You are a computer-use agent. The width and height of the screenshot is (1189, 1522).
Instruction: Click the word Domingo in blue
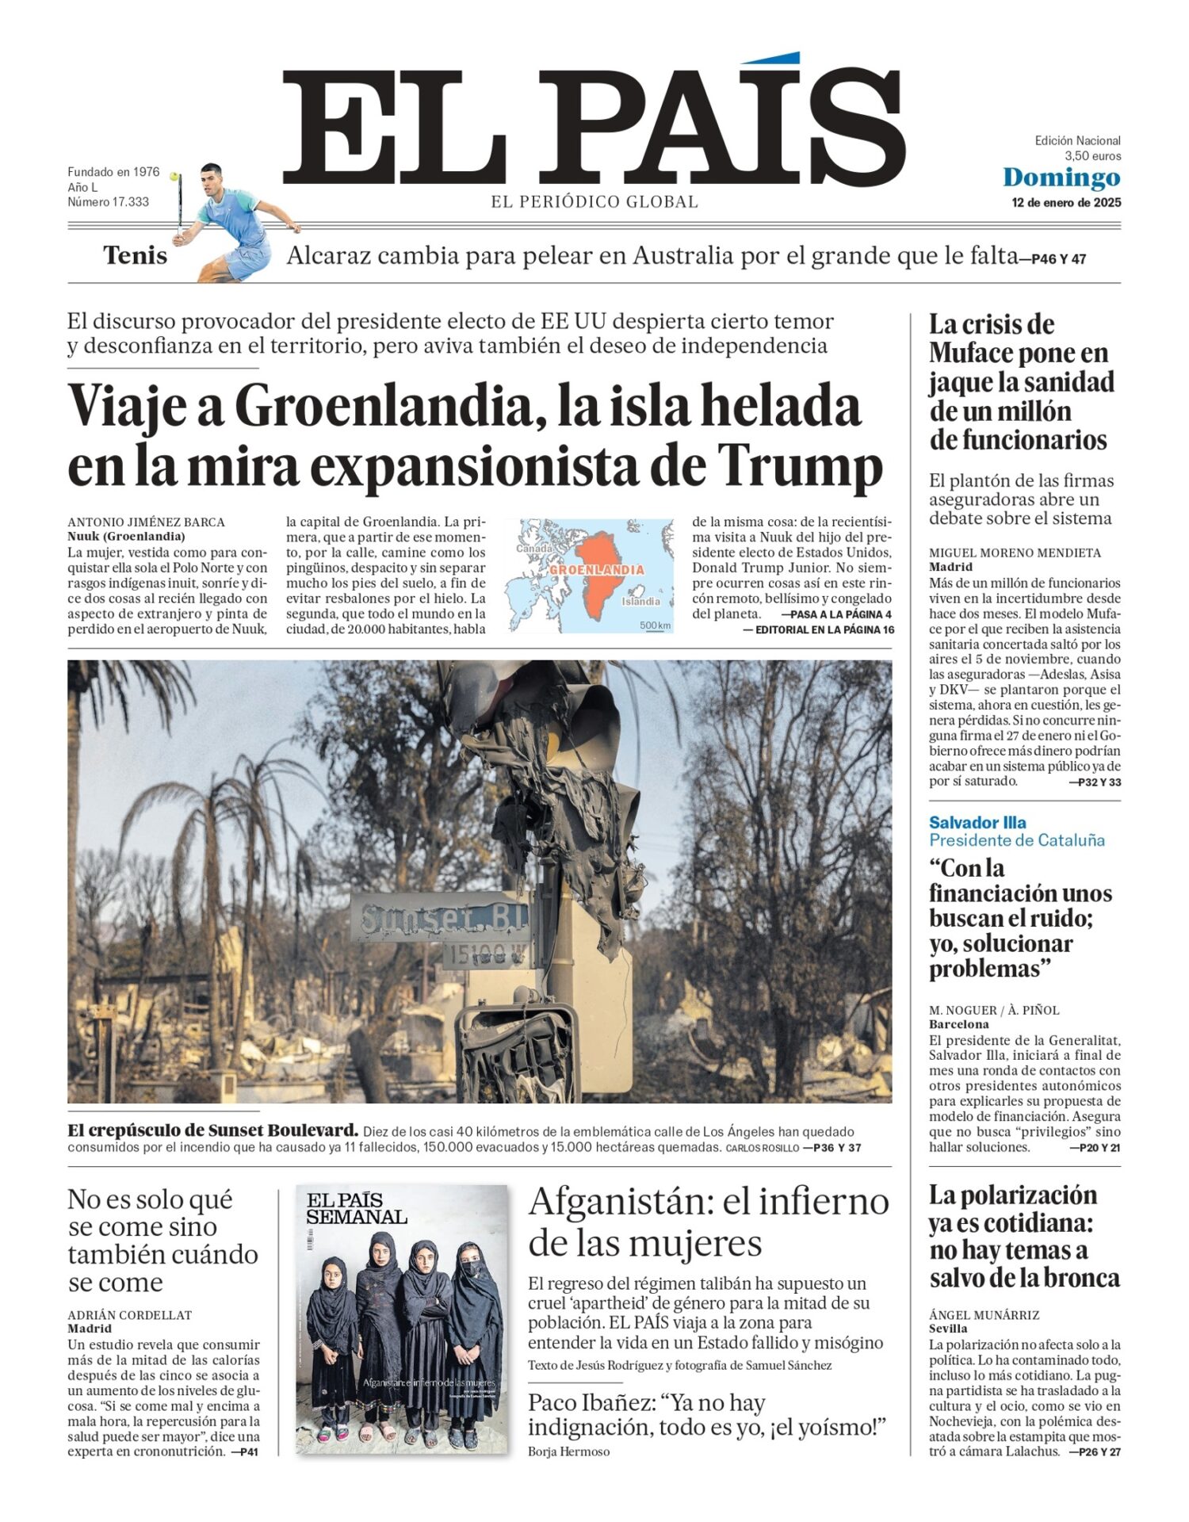1061,178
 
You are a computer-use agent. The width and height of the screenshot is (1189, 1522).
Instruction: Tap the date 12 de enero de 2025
1066,203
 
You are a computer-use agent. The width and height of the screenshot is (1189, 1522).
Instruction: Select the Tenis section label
135,256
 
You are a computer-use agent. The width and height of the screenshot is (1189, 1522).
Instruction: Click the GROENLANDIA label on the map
596,570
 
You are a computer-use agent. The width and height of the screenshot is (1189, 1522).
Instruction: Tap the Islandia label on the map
640,601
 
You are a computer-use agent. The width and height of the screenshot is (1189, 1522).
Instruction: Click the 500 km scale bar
655,627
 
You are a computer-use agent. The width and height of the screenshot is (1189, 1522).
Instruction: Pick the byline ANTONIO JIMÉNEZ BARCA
146,522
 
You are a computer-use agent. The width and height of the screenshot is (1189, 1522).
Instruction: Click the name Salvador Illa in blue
977,822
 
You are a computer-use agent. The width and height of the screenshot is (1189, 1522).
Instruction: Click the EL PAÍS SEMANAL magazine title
356,1208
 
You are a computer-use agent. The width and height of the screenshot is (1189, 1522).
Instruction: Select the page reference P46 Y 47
1058,258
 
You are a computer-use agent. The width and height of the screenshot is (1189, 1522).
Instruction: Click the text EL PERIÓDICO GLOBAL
594,202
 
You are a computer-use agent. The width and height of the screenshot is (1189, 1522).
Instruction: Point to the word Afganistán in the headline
620,1202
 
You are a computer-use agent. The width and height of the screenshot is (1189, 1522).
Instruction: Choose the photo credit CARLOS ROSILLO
762,1148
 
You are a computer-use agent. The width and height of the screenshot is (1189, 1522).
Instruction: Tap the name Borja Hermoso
568,1451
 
